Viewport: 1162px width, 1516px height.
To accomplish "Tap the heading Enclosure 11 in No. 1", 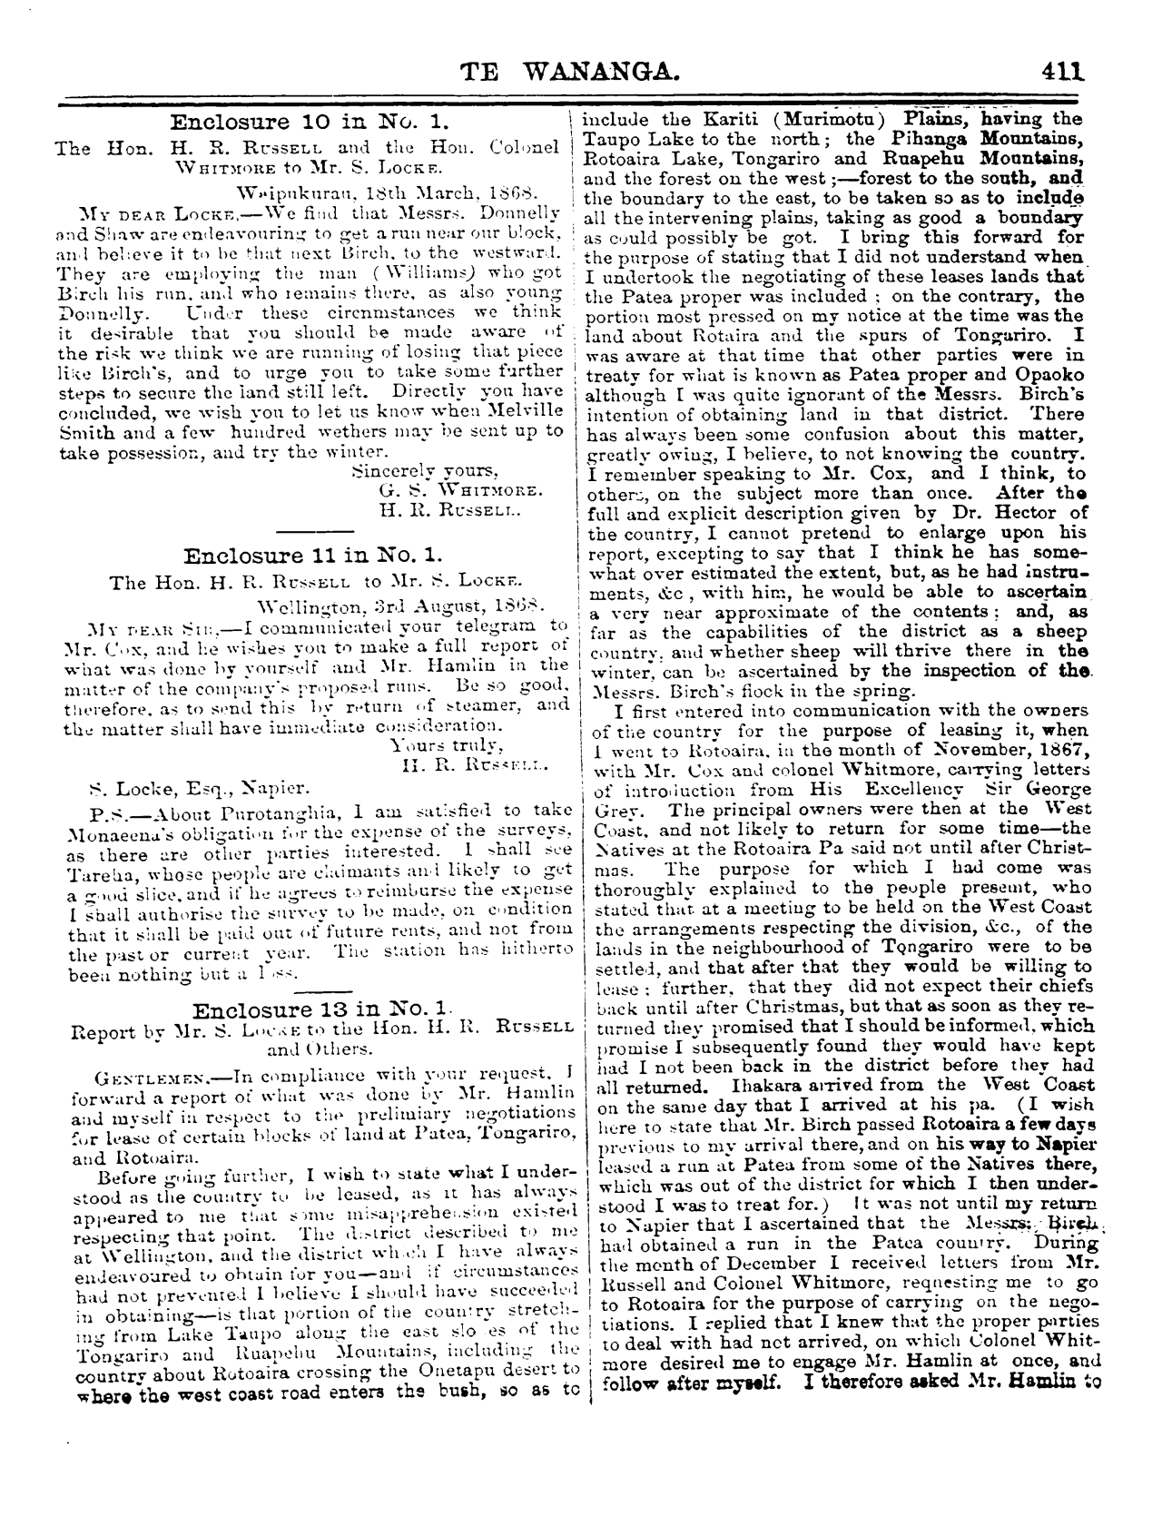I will [x=311, y=556].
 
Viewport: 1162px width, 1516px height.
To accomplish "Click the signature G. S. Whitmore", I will [x=460, y=490].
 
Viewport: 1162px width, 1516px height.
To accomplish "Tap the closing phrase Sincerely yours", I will [x=424, y=470].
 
